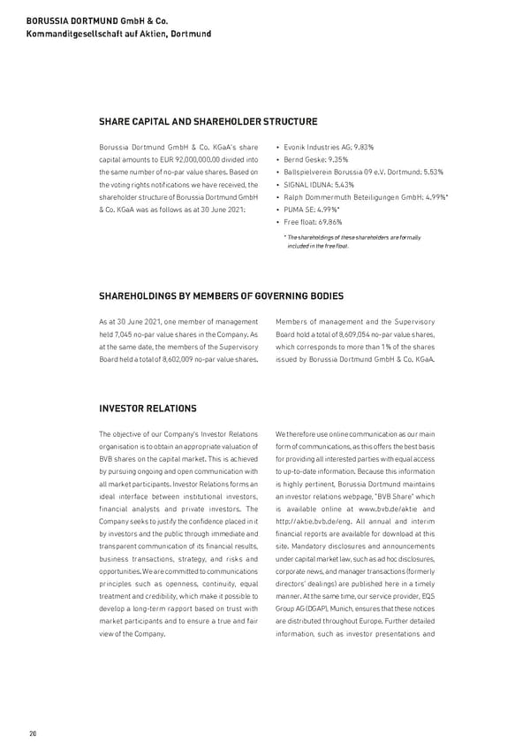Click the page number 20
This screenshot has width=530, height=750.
click(x=33, y=733)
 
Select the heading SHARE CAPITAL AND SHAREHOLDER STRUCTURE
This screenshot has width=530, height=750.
click(x=208, y=121)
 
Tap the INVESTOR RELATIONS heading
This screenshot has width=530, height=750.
click(x=148, y=408)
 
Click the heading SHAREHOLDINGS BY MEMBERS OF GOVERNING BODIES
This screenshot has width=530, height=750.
click(x=221, y=295)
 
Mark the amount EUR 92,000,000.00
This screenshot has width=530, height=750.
click(x=178, y=159)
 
